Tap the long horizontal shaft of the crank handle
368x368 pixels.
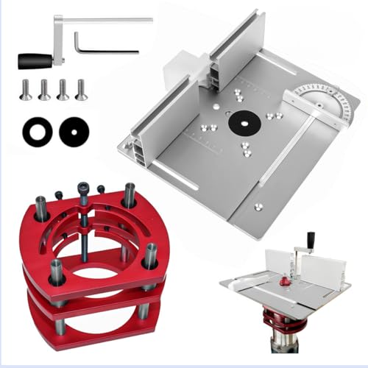110,20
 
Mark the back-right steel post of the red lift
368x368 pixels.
130,194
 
